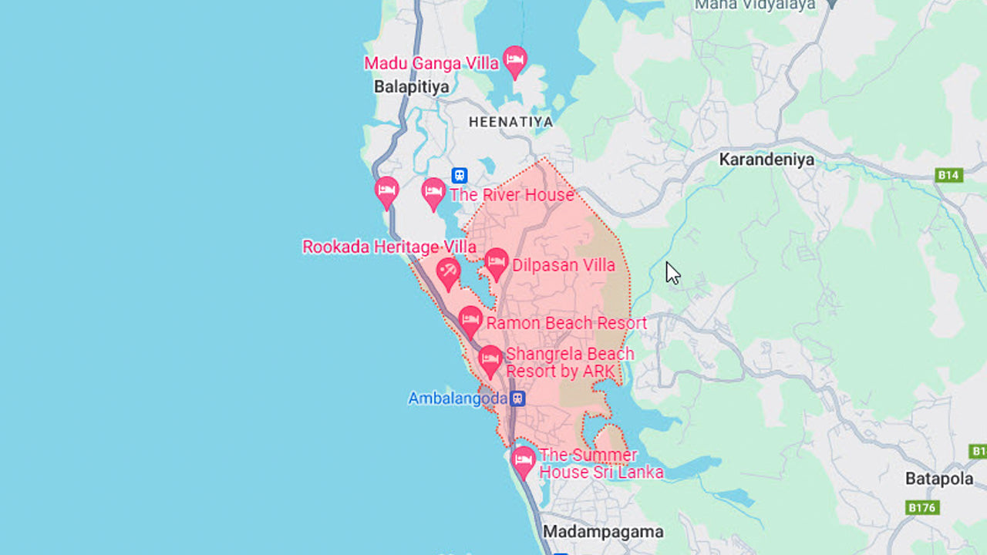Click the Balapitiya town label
[x=411, y=87]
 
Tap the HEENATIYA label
[x=510, y=122]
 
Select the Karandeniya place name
[x=766, y=160]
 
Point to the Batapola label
[x=938, y=479]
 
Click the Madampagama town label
[x=603, y=532]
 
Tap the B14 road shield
[x=948, y=175]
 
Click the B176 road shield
[x=921, y=507]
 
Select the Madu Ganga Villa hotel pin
[x=514, y=59]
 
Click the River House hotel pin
[x=433, y=192]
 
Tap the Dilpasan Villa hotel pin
[x=496, y=262]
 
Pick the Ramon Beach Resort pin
[x=470, y=320]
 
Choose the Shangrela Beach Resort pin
[x=490, y=360]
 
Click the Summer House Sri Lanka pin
[x=524, y=460]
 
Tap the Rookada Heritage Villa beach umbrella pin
[x=448, y=271]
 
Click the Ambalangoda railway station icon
[x=518, y=399]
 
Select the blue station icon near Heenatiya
[x=460, y=176]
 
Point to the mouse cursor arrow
[x=672, y=272]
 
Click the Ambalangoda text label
[x=457, y=399]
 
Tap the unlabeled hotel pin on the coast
[x=386, y=190]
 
